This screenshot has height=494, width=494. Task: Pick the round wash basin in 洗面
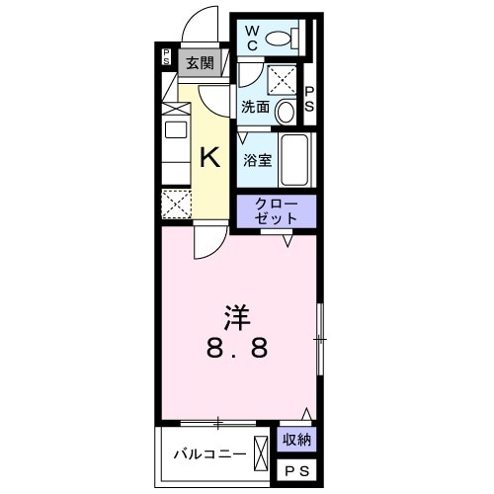(x=286, y=110)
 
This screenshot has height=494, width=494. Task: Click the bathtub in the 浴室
(x=296, y=159)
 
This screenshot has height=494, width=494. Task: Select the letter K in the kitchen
(x=210, y=157)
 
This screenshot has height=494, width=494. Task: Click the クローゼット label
(x=275, y=210)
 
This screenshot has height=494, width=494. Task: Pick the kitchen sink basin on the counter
(x=175, y=129)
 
